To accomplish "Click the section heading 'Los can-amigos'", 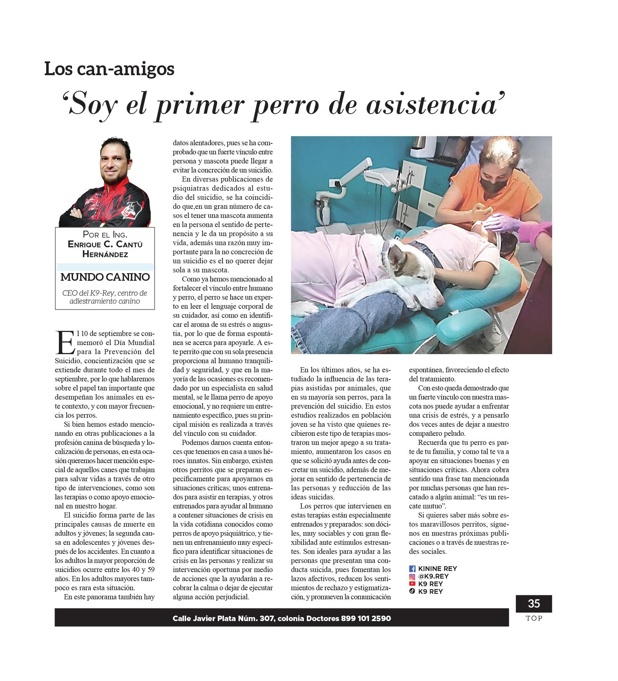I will click(x=109, y=69).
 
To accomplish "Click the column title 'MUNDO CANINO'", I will click(x=105, y=277).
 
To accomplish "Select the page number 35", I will click(x=534, y=604).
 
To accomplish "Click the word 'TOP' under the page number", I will click(x=534, y=618).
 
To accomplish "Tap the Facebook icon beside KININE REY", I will click(x=412, y=569).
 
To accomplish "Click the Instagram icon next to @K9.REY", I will click(x=412, y=576).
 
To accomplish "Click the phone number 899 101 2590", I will click(x=366, y=618).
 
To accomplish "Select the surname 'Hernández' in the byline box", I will click(x=105, y=254).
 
